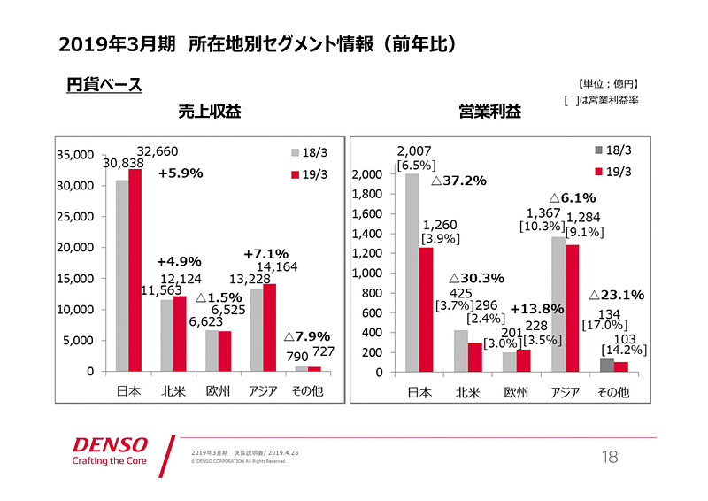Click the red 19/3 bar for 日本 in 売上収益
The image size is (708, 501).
click(135, 270)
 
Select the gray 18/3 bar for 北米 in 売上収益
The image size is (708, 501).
click(166, 335)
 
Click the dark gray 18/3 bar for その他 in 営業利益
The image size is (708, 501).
click(606, 366)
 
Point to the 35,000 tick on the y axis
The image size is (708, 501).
click(75, 154)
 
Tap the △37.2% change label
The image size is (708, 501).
click(458, 181)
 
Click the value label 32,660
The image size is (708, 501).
click(160, 151)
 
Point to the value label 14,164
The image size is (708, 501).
click(277, 266)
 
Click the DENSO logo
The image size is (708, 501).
click(110, 444)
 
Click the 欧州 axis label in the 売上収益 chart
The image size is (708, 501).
click(218, 390)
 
